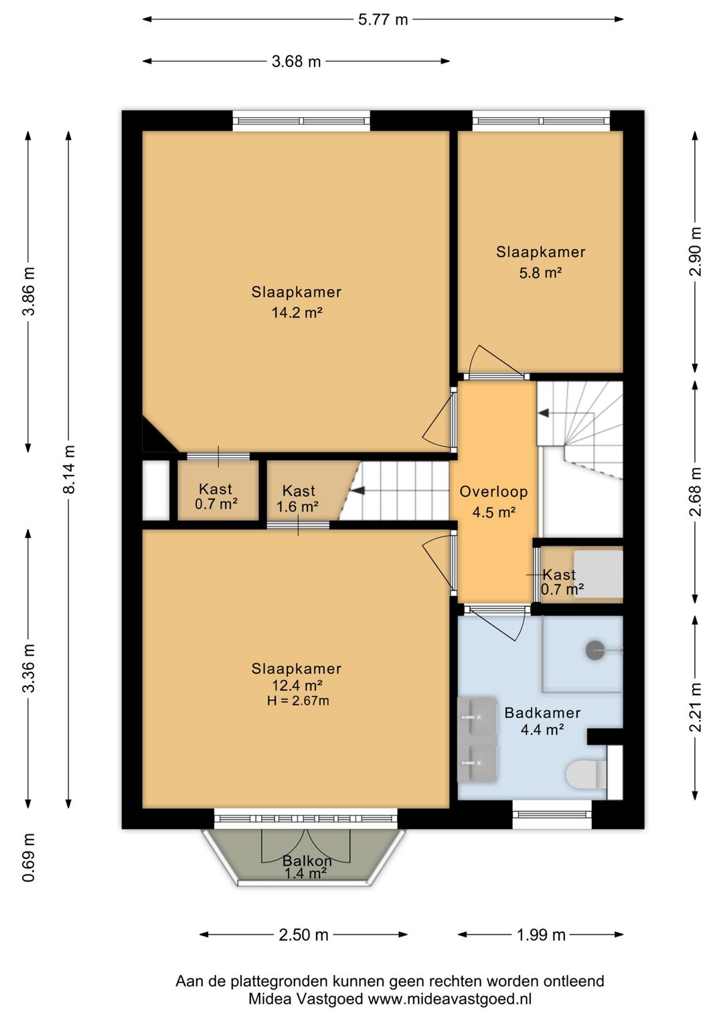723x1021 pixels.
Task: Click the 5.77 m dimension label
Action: click(383, 20)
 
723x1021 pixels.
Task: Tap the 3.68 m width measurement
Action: click(296, 62)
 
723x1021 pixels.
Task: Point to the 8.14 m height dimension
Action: click(69, 469)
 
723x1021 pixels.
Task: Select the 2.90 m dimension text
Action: click(695, 252)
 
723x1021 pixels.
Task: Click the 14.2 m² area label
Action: click(297, 312)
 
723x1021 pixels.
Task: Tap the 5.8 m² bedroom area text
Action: click(540, 272)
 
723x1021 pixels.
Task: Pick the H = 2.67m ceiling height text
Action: click(298, 701)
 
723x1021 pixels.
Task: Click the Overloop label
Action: click(493, 491)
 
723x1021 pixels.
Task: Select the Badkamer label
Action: click(542, 713)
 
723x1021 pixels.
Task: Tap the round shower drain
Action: click(595, 650)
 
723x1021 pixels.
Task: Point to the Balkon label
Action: click(307, 860)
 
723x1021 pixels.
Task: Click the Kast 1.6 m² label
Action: click(299, 498)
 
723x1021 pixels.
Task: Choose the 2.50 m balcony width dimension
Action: click(303, 935)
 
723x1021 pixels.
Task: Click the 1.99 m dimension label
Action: click(541, 935)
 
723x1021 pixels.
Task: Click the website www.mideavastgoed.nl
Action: click(450, 1000)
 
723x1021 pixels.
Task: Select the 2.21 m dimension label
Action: click(695, 708)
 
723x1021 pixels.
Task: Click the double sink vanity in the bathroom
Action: click(477, 739)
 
